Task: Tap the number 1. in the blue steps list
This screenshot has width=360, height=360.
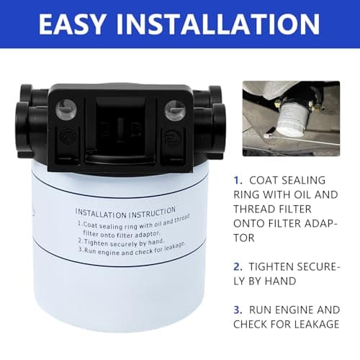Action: pyautogui.click(x=239, y=180)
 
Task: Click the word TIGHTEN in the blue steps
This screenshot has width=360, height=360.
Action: pyautogui.click(x=282, y=266)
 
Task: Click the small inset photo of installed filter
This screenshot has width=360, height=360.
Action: pyautogui.click(x=297, y=118)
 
